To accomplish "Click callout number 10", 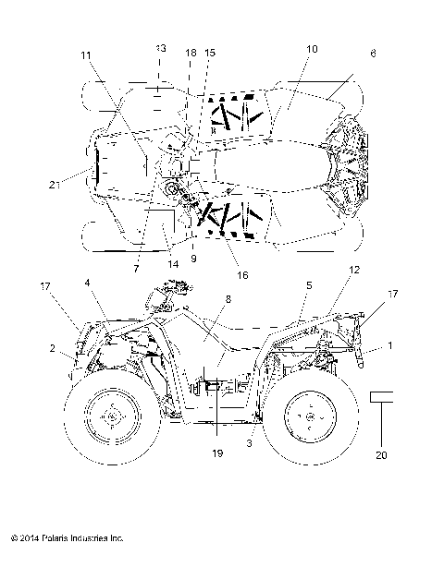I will point(310,47).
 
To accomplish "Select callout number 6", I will point(373,54).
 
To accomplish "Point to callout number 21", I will point(55,185).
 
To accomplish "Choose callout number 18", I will point(191,54).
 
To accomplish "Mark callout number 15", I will point(210,54).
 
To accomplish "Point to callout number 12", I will point(353,270).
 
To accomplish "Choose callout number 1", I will point(389,344).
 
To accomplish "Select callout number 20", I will point(383,453).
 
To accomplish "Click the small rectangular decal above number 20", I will point(383,397).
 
